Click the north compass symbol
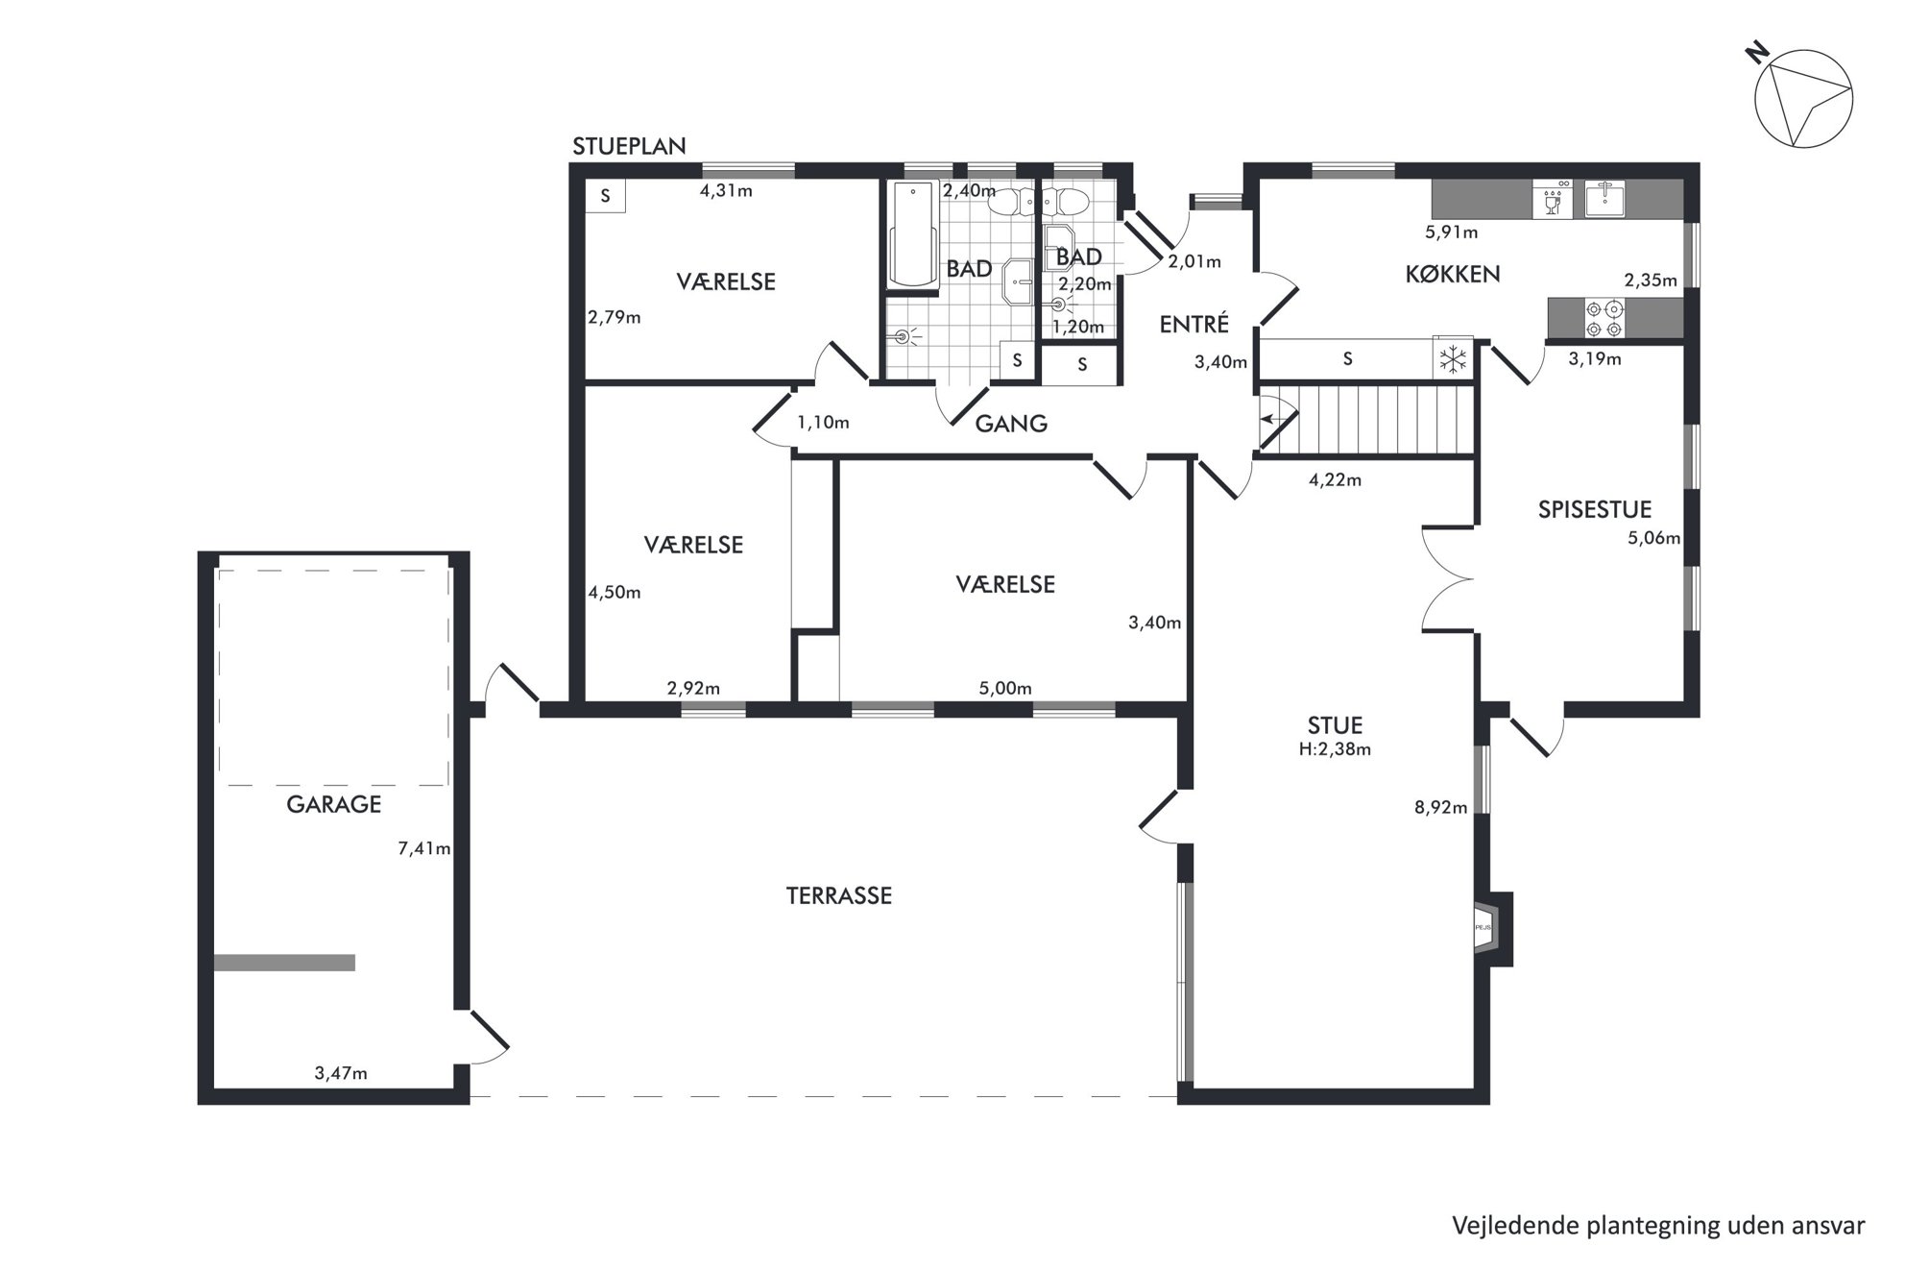[1802, 100]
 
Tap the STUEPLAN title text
[629, 146]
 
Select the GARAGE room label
[333, 804]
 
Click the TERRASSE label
[839, 895]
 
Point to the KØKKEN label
[1452, 274]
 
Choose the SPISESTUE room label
[1595, 509]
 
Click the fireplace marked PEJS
[1492, 928]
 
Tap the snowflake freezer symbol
[1453, 359]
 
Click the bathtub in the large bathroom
[912, 233]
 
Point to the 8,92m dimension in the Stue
[1440, 808]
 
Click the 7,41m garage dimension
[424, 848]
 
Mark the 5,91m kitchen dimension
[1452, 232]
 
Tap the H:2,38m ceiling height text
[1335, 749]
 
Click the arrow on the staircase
[1277, 419]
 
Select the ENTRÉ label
[1194, 325]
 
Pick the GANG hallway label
[1011, 424]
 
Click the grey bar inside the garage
[284, 963]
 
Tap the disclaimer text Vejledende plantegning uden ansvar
[1658, 1226]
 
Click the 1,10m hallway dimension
[823, 422]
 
